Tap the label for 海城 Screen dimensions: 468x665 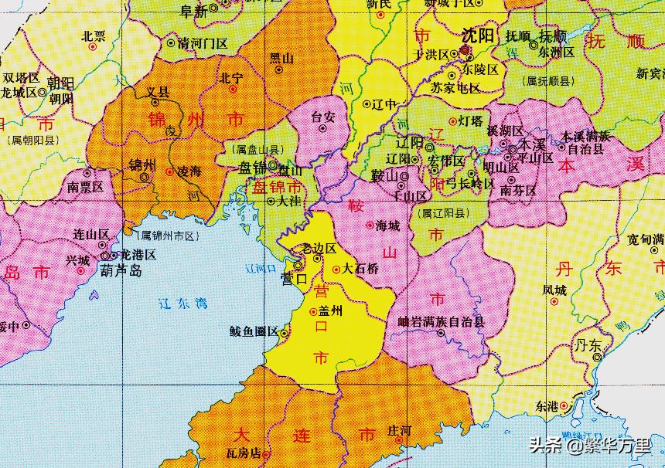coord(387,225)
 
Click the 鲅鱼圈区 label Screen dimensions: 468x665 coord(253,331)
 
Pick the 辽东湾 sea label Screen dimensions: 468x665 coord(181,304)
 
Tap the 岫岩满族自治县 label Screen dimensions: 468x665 coord(441,321)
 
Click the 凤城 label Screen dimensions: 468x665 coord(554,291)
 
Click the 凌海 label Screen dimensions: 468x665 coord(189,171)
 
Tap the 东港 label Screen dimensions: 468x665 coord(546,405)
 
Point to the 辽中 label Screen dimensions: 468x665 coord(384,103)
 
